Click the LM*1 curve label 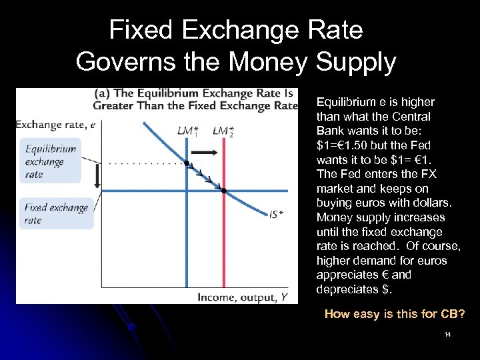point(187,131)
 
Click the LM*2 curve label point(223,131)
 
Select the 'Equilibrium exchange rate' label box point(51,161)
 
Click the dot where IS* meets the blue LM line point(187,163)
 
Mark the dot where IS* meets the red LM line point(224,191)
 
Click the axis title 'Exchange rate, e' point(55,124)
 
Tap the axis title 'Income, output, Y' point(247,297)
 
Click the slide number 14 point(447,333)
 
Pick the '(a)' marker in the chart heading point(104,93)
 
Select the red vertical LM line point(224,253)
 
